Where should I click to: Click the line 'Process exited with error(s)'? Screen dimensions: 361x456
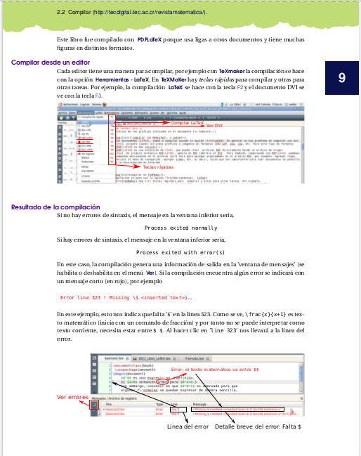[x=180, y=252]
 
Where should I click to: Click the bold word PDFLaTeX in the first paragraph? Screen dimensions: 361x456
[x=152, y=40]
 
